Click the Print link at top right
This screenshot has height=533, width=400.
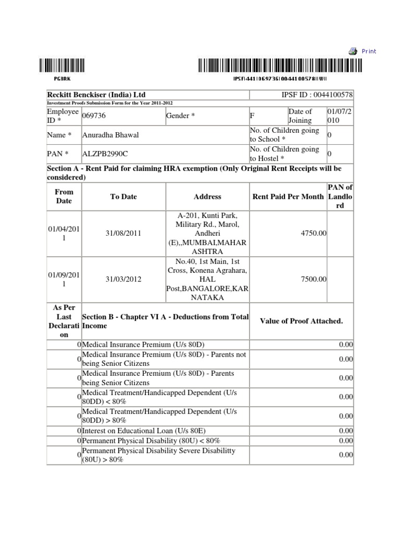(x=369, y=51)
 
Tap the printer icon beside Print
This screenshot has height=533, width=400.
(x=353, y=50)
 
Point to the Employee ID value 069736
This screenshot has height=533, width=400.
(x=93, y=116)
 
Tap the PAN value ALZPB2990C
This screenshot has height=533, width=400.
(x=105, y=154)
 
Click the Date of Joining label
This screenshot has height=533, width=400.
(x=301, y=116)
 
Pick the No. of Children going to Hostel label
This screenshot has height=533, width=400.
(x=284, y=154)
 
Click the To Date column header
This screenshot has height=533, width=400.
(x=123, y=197)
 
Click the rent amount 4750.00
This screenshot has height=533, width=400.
(x=314, y=234)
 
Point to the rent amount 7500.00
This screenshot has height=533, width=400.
(x=314, y=279)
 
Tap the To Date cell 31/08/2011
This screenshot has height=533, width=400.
(x=123, y=234)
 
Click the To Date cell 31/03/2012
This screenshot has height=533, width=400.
(x=123, y=279)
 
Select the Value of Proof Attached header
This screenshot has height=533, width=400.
(x=301, y=321)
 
